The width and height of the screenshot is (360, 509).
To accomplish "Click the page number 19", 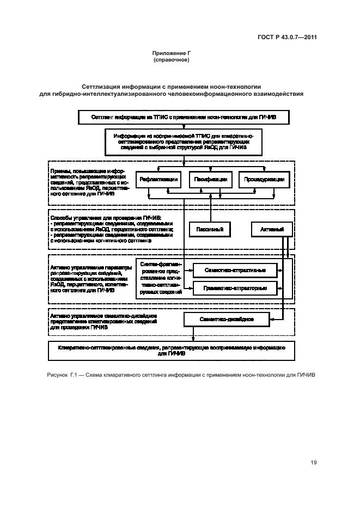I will [x=314, y=463].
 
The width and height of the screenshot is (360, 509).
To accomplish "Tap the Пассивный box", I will [x=210, y=230].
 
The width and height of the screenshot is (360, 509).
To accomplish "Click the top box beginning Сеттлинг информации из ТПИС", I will [x=186, y=116].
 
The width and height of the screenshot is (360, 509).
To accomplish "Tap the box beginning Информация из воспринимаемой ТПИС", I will [x=185, y=142].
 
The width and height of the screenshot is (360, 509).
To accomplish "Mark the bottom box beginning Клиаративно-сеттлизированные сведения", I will [x=172, y=349].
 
